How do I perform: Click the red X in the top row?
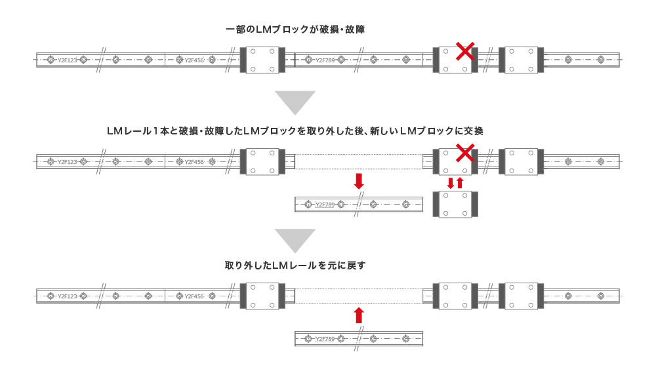pos(465,50)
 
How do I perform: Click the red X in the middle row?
pos(465,153)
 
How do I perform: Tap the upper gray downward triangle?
pos(295,102)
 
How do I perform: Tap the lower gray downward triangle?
pos(295,240)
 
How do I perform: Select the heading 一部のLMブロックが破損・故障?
pos(295,30)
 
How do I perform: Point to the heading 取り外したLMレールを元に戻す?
pos(295,266)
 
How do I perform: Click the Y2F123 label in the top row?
pos(67,60)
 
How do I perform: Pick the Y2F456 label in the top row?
pos(194,60)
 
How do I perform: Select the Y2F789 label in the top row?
pos(325,60)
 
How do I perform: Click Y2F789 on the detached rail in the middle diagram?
pos(325,205)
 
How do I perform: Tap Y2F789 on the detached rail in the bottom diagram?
pos(325,339)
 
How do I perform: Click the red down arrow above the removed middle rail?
pos(358,182)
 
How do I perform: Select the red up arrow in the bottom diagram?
pos(358,315)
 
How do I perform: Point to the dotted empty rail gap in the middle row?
pos(358,161)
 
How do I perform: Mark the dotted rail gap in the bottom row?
pos(358,296)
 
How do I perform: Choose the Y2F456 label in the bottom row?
pos(194,296)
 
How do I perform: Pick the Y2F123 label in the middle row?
pos(67,162)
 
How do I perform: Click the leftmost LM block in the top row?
pos(262,60)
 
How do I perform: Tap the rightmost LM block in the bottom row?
pos(520,296)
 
